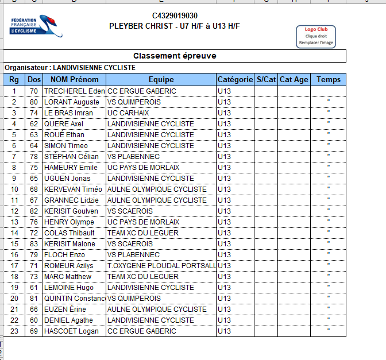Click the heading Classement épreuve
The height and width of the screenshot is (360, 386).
click(x=175, y=56)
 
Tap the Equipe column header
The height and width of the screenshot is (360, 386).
click(x=161, y=80)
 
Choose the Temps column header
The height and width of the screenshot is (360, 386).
click(x=329, y=80)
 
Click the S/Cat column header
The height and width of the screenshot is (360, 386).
click(x=266, y=80)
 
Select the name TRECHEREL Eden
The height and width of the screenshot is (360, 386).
click(x=74, y=91)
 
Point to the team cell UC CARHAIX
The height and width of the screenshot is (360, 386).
click(x=128, y=113)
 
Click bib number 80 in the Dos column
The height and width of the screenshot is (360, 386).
click(x=34, y=102)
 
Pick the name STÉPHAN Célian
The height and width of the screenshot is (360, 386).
click(x=72, y=157)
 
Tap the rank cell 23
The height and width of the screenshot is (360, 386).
click(x=14, y=331)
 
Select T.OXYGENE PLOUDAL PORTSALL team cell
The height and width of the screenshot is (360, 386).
click(x=161, y=266)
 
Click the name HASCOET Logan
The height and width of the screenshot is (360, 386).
click(x=71, y=331)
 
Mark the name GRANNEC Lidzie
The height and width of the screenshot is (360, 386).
click(x=71, y=200)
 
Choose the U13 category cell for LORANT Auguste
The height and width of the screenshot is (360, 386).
click(x=225, y=102)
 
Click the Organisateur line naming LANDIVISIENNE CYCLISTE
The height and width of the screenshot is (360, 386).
click(x=70, y=68)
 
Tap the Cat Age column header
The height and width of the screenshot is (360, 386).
click(x=294, y=80)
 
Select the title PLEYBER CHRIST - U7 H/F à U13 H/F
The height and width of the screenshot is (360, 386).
click(x=175, y=26)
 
